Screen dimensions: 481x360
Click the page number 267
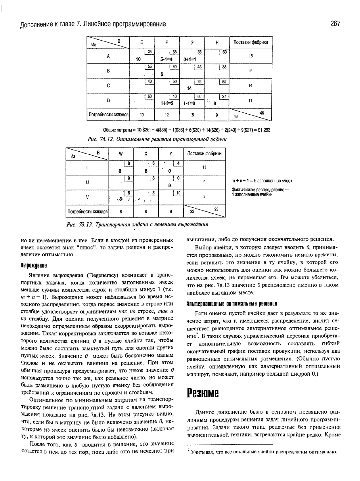tap(335, 24)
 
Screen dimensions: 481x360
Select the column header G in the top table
tap(192, 43)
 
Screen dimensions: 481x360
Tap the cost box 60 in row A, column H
tap(224, 52)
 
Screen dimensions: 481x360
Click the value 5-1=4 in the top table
tap(166, 60)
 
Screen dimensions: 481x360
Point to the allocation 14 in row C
tap(189, 89)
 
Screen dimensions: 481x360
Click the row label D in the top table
tap(108, 101)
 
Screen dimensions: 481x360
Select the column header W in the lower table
tap(121, 154)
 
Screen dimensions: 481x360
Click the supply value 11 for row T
tap(204, 167)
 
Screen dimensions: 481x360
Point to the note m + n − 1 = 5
tap(262, 181)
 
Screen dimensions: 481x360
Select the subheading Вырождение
tap(33, 265)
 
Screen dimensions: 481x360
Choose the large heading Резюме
tap(203, 392)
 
